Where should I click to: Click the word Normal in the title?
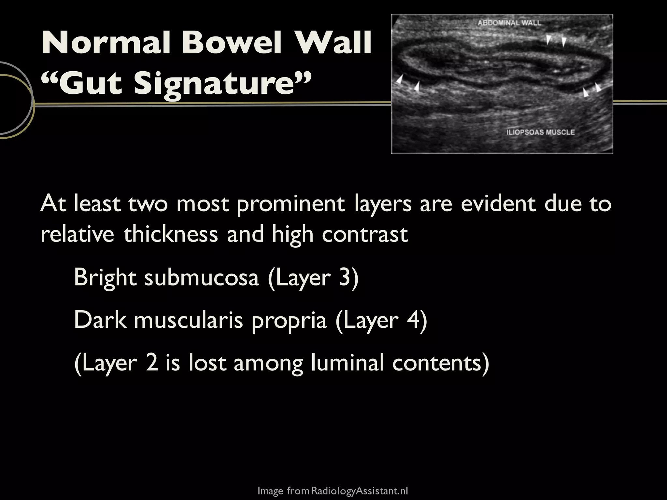click(x=106, y=43)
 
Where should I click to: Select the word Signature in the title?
click(x=217, y=83)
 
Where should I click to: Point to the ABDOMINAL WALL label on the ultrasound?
click(x=509, y=23)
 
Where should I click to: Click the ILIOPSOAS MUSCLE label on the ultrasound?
click(x=541, y=132)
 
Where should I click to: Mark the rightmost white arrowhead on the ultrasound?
click(x=598, y=87)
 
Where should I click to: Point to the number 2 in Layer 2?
click(x=152, y=363)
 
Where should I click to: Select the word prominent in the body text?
click(x=291, y=204)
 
